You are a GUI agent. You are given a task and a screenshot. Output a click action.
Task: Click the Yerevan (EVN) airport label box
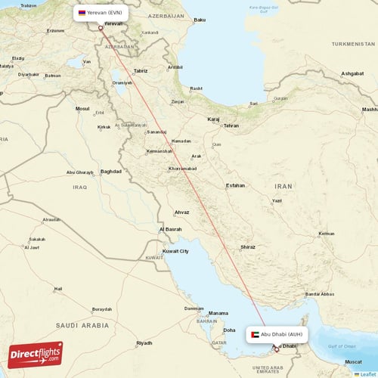coord(101,13)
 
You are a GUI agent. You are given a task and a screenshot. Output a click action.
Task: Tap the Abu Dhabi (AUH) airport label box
coord(277,333)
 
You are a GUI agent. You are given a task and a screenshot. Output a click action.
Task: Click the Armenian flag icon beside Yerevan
coord(82,13)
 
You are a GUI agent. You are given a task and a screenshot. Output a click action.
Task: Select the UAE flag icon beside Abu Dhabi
coord(255,333)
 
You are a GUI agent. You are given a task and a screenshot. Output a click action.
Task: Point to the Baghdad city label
coord(110,172)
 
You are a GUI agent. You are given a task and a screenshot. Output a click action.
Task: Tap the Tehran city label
coord(231,125)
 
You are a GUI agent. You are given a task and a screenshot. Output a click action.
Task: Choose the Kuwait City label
coord(175,251)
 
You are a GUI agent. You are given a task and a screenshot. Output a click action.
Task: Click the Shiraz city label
coord(247,247)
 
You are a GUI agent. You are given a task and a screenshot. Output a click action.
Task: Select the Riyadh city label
coord(144,343)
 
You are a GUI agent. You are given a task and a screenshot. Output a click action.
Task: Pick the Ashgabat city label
coord(352,73)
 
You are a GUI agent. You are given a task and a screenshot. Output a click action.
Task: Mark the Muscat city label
coord(353,362)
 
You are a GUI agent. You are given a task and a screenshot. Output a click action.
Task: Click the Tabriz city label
coord(141,70)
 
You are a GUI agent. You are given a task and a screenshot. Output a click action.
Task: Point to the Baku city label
coord(200,20)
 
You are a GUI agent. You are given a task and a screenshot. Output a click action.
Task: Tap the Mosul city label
coord(82,108)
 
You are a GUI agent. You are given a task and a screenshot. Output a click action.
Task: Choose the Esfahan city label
coord(235,185)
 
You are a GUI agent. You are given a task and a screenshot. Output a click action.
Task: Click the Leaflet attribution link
coord(366,373)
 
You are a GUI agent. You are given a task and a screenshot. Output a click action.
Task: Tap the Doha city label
coord(229,330)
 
